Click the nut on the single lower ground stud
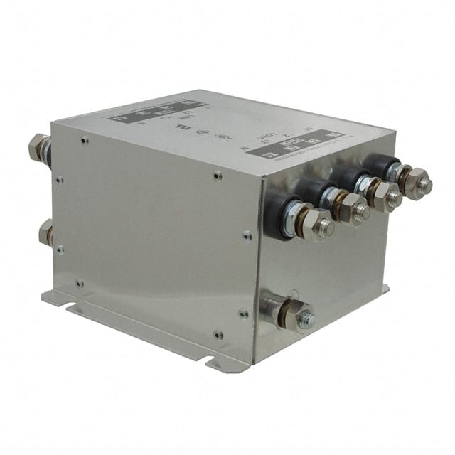(x=287, y=314)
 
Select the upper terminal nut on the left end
(x=38, y=148)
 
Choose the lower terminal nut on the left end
(x=46, y=232)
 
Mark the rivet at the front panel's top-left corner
(x=84, y=141)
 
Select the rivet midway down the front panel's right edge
(x=245, y=235)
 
